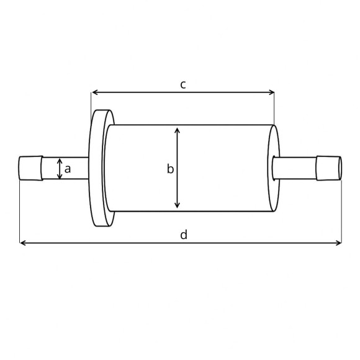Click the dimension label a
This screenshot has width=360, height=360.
68,168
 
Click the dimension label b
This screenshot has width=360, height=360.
169,169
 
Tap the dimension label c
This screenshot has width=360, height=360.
183,84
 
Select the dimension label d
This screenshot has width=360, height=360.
184,235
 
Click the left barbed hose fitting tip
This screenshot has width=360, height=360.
30,169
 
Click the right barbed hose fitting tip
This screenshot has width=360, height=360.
329,168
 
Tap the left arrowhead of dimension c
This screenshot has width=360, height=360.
94,92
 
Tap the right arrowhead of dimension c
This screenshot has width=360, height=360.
271,92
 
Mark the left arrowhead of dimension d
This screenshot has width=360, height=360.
23,243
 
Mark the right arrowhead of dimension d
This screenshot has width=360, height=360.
338,243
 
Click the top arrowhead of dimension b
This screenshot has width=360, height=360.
178,130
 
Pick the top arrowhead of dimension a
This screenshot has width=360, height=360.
60,160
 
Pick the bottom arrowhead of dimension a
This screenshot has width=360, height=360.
60,177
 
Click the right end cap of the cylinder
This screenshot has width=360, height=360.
273,168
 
